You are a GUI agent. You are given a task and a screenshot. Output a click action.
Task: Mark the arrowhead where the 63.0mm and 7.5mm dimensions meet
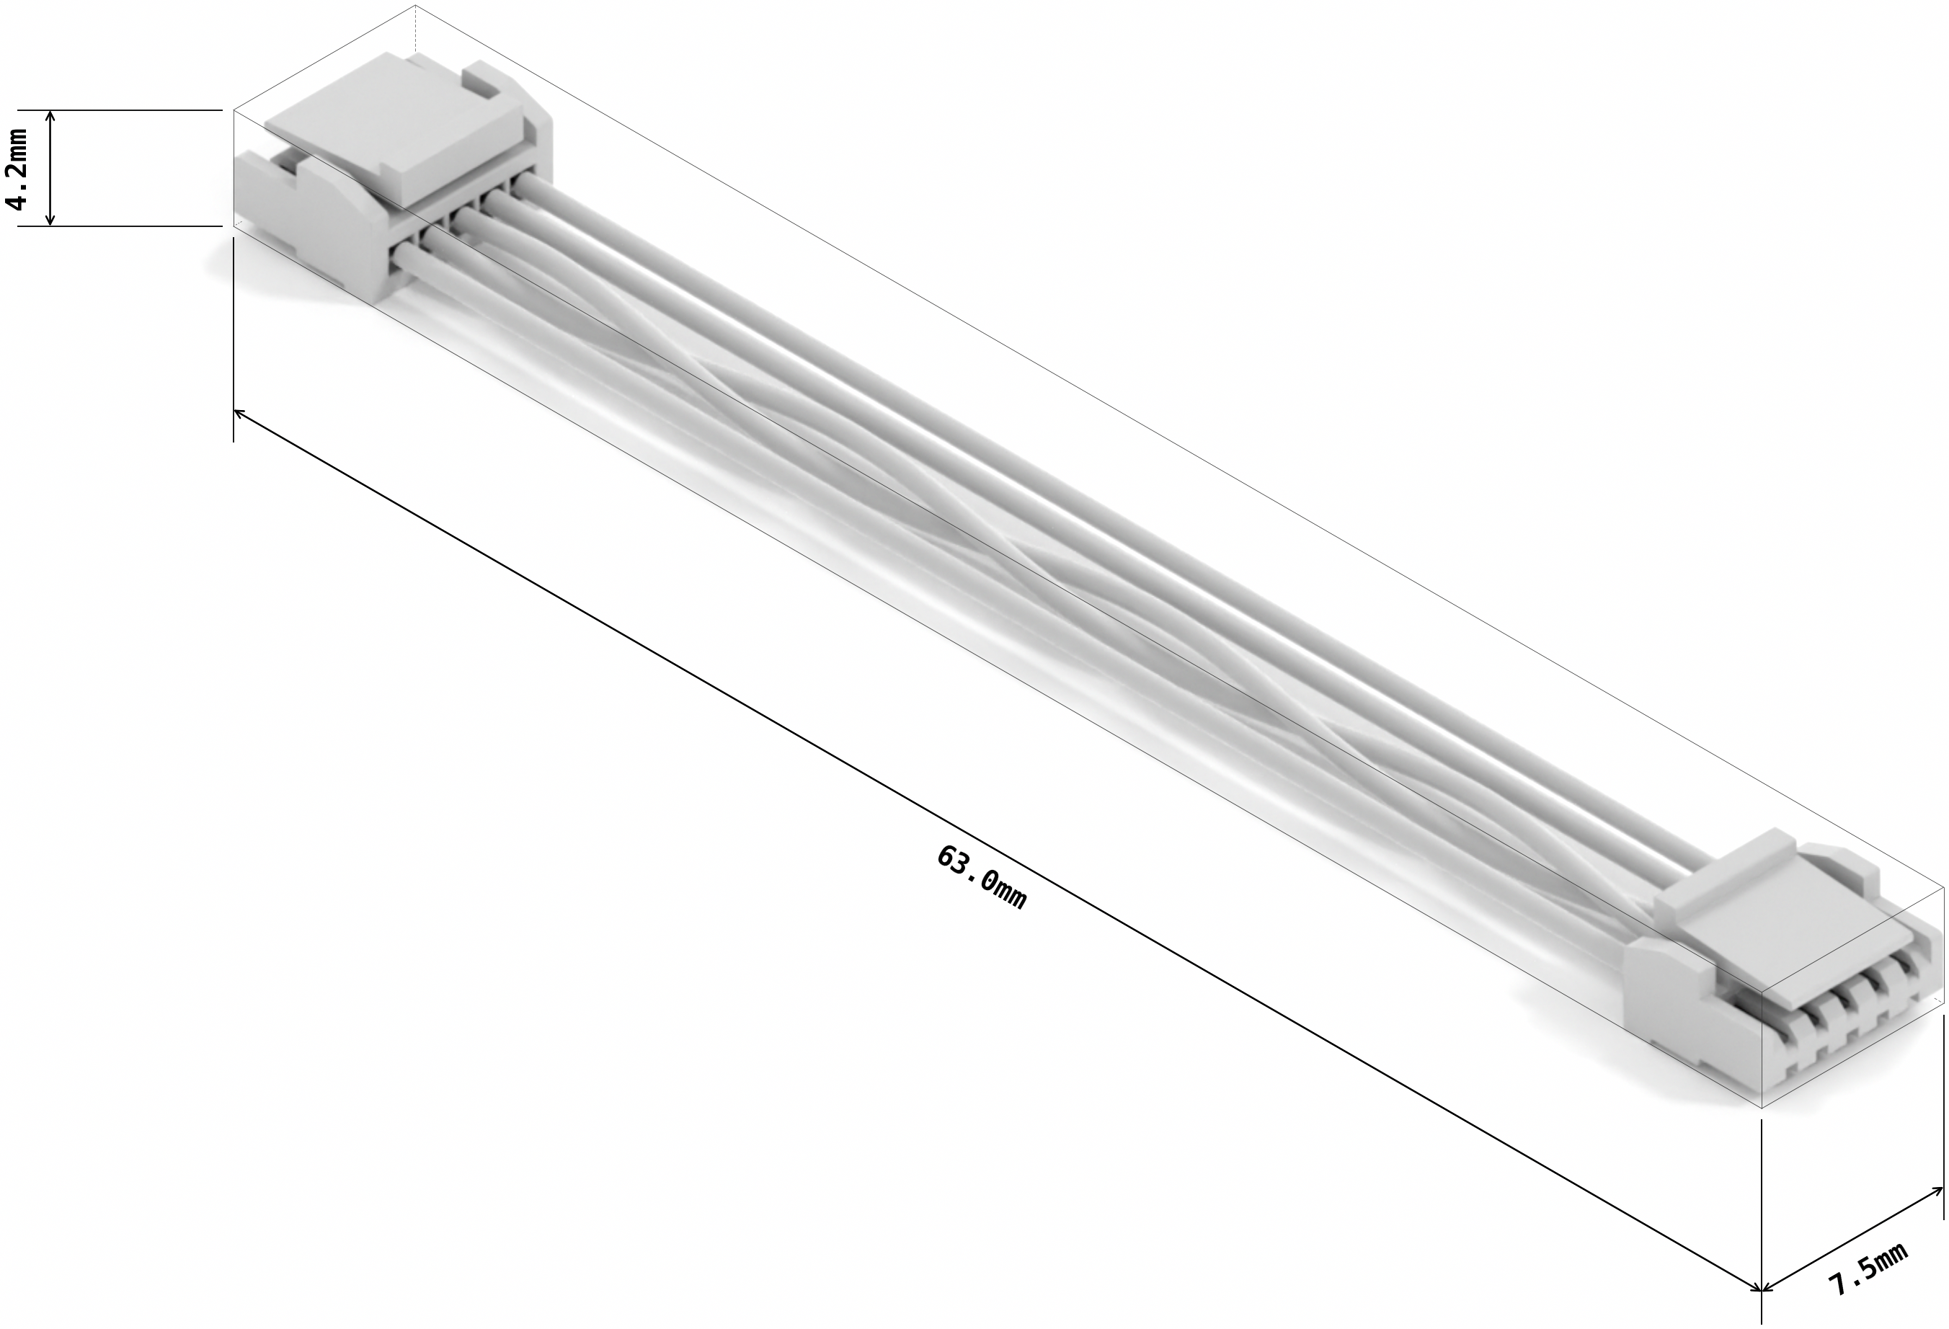coord(1759,1286)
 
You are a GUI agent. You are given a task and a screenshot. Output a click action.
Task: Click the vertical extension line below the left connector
coord(232,335)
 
